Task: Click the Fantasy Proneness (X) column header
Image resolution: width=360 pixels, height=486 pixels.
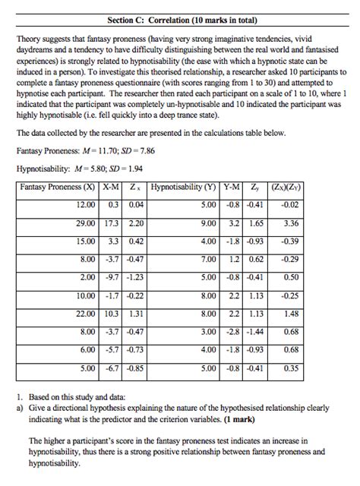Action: coord(58,187)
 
